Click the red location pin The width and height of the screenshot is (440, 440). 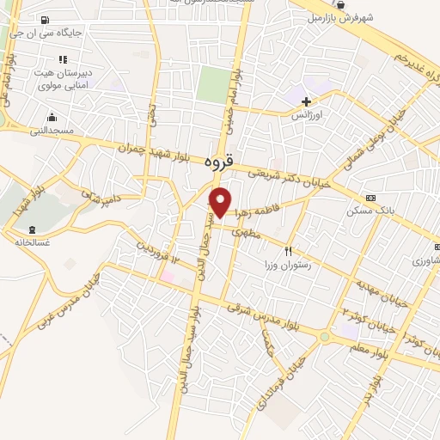(221, 201)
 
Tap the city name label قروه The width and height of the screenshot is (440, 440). (222, 161)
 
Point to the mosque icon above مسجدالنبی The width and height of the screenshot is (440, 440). (52, 117)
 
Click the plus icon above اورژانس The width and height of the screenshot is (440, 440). (306, 101)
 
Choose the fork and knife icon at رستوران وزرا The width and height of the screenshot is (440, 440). (289, 251)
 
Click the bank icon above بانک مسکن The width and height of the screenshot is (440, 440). (370, 198)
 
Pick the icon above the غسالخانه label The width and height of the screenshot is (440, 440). (33, 229)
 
